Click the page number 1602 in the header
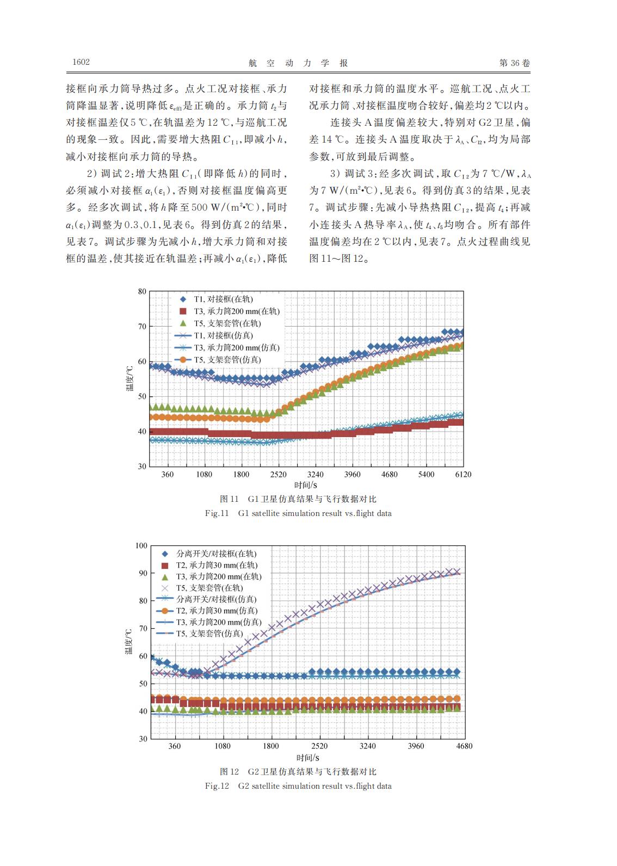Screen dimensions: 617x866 coord(81,62)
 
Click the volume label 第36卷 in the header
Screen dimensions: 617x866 coord(515,63)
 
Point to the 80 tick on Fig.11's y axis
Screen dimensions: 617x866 coord(142,291)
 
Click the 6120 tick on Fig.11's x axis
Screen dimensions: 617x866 coord(463,474)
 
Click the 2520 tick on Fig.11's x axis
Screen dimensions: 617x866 coord(278,474)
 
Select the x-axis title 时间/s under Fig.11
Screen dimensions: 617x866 coord(306,485)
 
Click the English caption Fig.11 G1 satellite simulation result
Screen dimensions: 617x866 coord(298,513)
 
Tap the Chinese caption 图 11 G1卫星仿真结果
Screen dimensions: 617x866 coord(298,499)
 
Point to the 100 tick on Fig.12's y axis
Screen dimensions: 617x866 coord(141,545)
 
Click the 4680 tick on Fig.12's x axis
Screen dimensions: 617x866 coord(464,746)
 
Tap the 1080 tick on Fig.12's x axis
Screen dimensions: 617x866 coord(223,746)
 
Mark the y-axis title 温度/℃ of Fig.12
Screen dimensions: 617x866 coord(128,642)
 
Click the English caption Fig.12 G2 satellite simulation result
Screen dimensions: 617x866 coord(298,786)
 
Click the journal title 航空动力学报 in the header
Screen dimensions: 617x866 coord(298,63)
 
